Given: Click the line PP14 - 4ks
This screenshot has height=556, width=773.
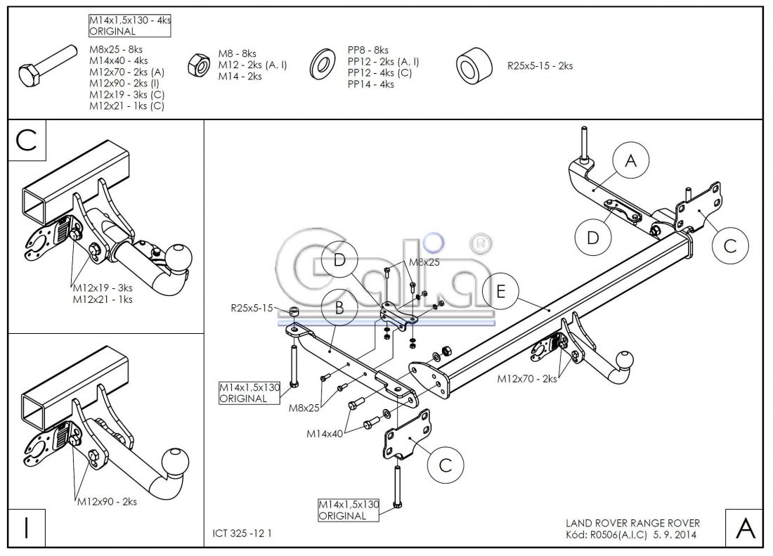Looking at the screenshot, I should [x=370, y=84].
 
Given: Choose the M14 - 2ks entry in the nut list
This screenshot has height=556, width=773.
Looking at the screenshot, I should [x=240, y=76].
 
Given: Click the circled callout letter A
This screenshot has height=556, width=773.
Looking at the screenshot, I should [x=630, y=162].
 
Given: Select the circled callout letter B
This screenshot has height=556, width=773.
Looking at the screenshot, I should [x=339, y=306].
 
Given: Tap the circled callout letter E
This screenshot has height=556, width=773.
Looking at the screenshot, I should [x=500, y=291].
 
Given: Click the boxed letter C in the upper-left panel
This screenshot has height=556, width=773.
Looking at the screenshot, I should [x=27, y=139].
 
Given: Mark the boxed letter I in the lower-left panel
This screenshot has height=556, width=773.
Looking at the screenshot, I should [x=26, y=528].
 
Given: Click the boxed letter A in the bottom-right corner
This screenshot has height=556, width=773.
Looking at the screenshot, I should [x=744, y=528].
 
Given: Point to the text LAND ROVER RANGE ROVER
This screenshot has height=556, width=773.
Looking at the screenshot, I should [x=632, y=523].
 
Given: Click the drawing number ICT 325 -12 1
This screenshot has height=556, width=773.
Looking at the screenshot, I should [x=242, y=534].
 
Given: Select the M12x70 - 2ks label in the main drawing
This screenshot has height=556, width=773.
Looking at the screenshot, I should [x=527, y=379].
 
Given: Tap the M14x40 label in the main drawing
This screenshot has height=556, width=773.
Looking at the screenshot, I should [x=324, y=434].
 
